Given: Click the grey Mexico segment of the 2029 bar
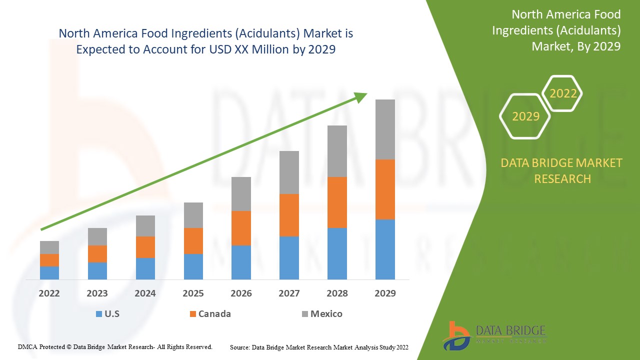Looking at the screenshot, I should pyautogui.click(x=385, y=129).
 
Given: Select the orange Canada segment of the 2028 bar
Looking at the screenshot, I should pyautogui.click(x=337, y=202).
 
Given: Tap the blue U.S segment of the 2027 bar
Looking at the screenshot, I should pyautogui.click(x=289, y=257).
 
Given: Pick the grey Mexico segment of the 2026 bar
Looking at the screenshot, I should pyautogui.click(x=241, y=193).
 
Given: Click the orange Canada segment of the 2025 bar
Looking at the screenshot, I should pyautogui.click(x=193, y=240).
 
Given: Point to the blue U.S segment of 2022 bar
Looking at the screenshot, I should pyautogui.click(x=49, y=272).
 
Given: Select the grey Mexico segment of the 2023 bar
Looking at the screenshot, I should pyautogui.click(x=97, y=236).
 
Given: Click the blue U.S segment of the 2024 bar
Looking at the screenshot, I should pyautogui.click(x=145, y=268).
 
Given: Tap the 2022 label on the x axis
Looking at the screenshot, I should pyautogui.click(x=49, y=293).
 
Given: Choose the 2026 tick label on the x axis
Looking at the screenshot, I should pyautogui.click(x=241, y=293).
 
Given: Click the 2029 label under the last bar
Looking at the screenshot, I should pyautogui.click(x=385, y=293).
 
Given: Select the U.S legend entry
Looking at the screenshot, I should pyautogui.click(x=107, y=314).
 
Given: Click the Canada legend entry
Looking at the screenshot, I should pyautogui.click(x=210, y=314).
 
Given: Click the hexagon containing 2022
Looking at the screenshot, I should pyautogui.click(x=563, y=93).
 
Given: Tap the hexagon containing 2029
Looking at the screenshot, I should pyautogui.click(x=525, y=116).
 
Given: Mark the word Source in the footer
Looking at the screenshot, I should pyautogui.click(x=239, y=347).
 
